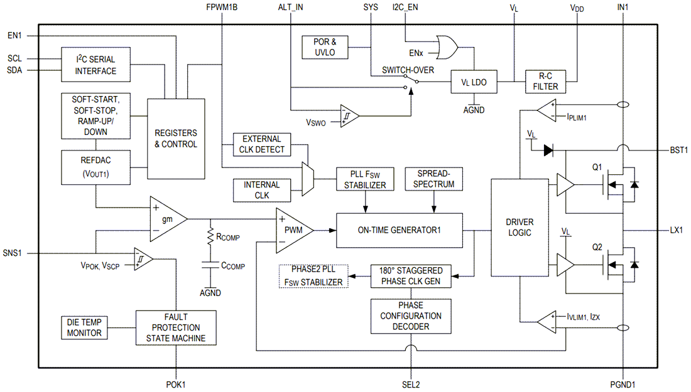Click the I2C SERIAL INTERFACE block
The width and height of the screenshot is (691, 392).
[x=96, y=65]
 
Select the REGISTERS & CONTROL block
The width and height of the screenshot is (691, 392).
[x=176, y=139]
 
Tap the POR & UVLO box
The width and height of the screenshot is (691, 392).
[x=325, y=47]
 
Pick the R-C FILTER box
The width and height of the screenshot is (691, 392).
[x=545, y=82]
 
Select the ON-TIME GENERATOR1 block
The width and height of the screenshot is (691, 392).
[x=400, y=230]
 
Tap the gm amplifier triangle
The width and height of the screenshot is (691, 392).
[x=165, y=219]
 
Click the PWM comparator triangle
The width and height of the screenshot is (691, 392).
[x=291, y=230]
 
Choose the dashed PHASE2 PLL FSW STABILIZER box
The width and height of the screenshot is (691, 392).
[x=313, y=276]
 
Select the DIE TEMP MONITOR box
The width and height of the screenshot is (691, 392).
[x=84, y=327]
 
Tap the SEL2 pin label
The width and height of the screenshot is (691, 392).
[x=411, y=384]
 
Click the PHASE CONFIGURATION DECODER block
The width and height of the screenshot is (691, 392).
[x=411, y=316]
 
